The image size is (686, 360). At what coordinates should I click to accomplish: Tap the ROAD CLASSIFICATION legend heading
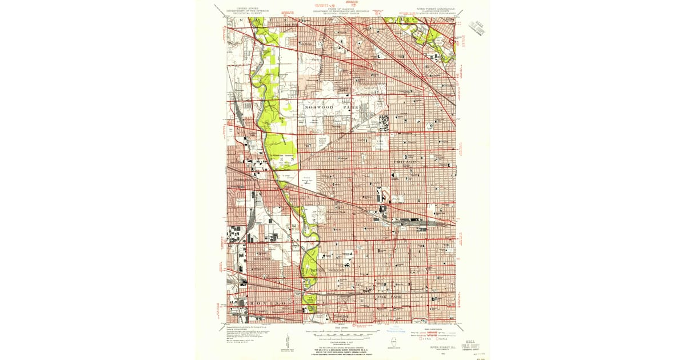click(433, 330)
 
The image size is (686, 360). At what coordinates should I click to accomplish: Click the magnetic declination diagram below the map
click(285, 343)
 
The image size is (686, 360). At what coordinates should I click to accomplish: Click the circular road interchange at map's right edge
click(453, 41)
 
